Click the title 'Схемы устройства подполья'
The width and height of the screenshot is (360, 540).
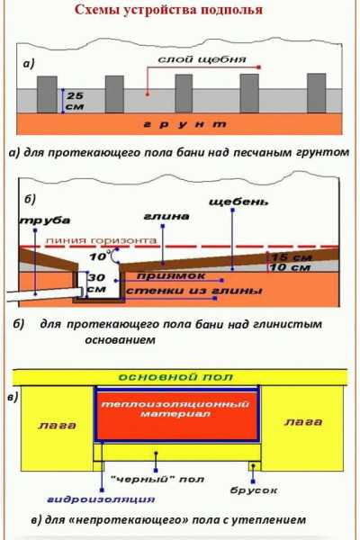(x=168, y=10)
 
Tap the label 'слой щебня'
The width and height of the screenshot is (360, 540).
(x=202, y=59)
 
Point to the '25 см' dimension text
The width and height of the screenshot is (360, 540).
(x=75, y=101)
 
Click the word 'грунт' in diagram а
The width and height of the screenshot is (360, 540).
(x=185, y=124)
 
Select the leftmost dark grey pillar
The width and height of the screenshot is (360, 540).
(x=47, y=94)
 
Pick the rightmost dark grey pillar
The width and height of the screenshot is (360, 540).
(x=316, y=93)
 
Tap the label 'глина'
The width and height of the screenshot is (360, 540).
(x=166, y=217)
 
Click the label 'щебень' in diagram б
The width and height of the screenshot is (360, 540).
(x=238, y=202)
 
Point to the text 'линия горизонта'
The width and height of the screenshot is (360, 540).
(x=101, y=240)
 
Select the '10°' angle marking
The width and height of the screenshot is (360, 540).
(x=100, y=256)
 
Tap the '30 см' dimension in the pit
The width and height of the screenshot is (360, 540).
(x=96, y=283)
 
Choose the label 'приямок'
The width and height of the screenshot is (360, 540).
(x=171, y=276)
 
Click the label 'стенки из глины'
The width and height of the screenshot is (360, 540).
(x=194, y=291)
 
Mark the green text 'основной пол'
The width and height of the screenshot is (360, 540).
(x=175, y=377)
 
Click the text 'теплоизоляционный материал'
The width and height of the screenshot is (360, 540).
(x=175, y=409)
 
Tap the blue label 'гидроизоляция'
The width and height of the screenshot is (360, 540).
(x=101, y=499)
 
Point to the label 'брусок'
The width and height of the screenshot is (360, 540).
(x=254, y=490)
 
